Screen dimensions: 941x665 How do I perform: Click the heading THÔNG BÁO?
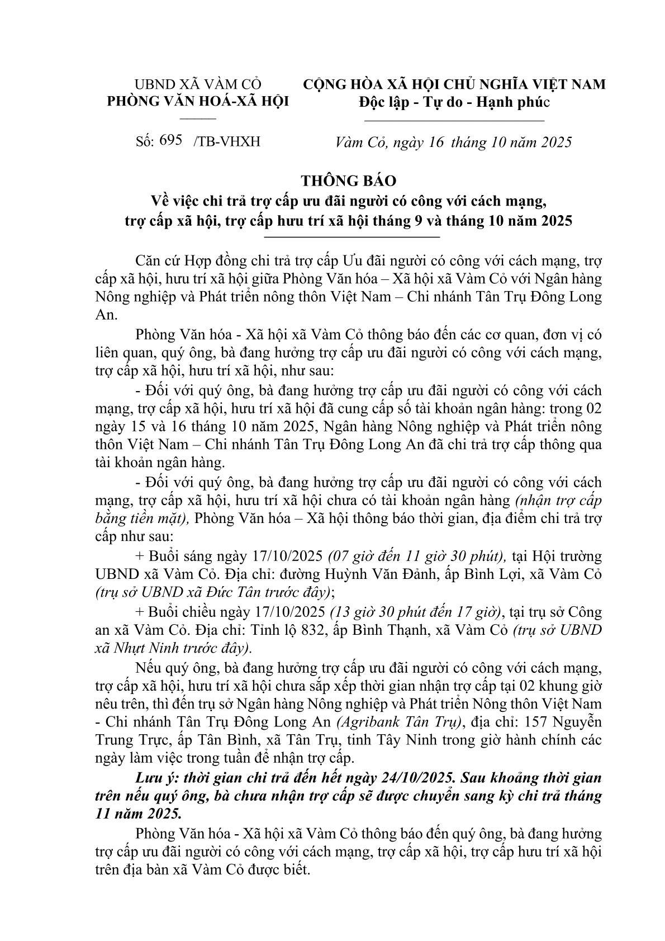tap(348, 180)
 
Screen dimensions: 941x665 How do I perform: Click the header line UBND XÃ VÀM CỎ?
tap(198, 84)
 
